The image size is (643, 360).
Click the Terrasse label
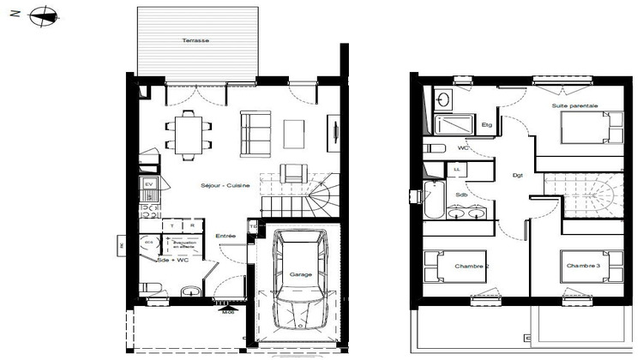tap(195, 41)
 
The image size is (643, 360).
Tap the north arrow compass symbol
tap(45, 15)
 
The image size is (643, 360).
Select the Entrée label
tap(225, 236)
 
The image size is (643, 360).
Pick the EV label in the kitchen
tap(148, 184)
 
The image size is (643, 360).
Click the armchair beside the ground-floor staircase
tap(294, 172)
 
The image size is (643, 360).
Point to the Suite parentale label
tap(574, 105)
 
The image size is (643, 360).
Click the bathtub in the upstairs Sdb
tap(431, 203)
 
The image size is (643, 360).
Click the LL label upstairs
tap(457, 170)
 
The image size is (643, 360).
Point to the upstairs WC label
tap(464, 147)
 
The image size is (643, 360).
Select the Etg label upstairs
tap(486, 125)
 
